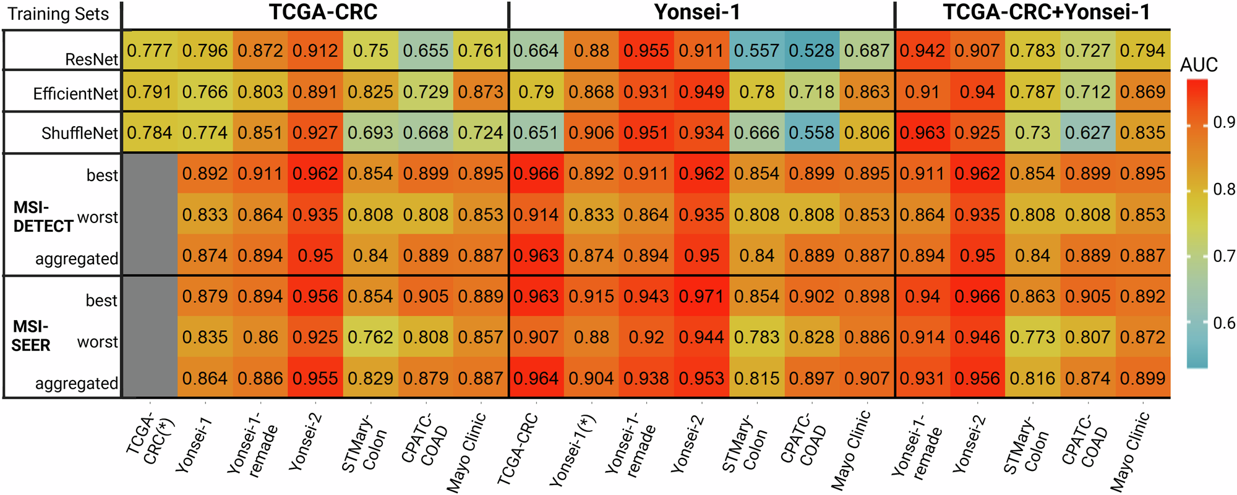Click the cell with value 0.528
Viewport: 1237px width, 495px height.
[x=812, y=51]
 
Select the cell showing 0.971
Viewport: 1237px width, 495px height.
[x=701, y=297]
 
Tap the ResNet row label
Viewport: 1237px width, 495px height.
[x=92, y=59]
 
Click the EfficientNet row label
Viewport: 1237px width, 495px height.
[x=75, y=94]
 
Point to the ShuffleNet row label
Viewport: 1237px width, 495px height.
[x=80, y=133]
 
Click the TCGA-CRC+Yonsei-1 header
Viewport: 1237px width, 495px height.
[x=1047, y=12]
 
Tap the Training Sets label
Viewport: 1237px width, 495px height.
[x=58, y=14]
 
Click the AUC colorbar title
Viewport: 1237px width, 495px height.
[x=1199, y=65]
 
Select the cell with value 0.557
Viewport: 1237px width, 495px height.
[x=756, y=51]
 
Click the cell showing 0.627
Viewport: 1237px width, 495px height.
[x=1087, y=133]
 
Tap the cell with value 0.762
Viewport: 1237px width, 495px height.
[x=370, y=337]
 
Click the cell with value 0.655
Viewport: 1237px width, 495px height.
[x=426, y=51]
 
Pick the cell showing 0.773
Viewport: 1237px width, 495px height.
[x=1032, y=337]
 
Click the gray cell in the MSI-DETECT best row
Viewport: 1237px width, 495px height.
[x=150, y=174]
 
